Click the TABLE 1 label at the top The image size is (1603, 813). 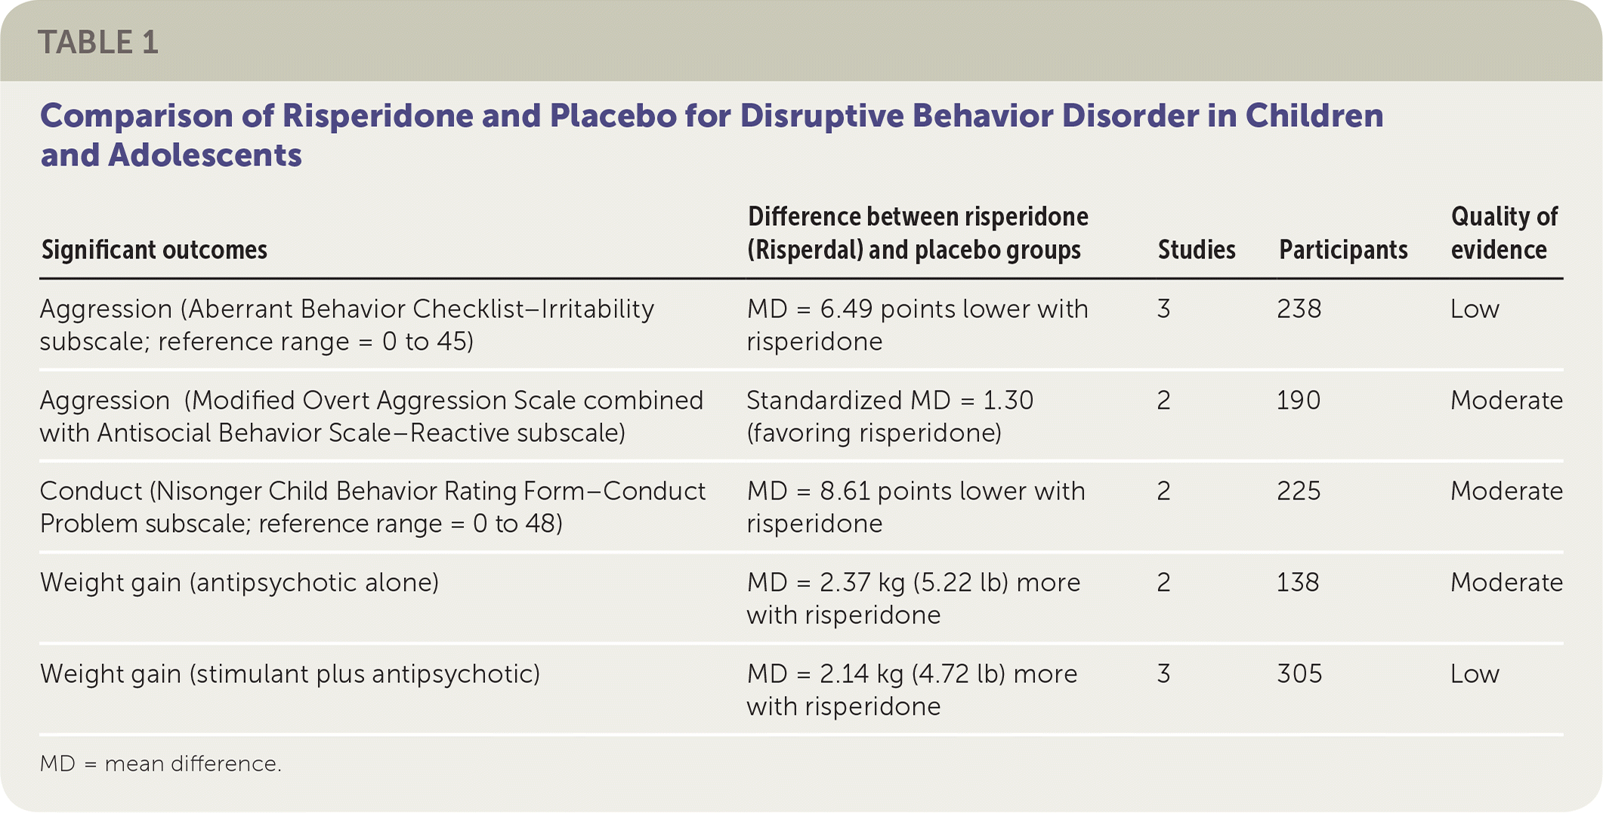[98, 42]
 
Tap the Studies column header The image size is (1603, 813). [1197, 249]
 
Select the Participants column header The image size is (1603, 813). [1343, 249]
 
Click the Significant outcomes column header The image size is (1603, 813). [154, 249]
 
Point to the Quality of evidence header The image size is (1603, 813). [1504, 233]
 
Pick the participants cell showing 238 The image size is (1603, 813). [1299, 309]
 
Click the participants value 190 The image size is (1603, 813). [1299, 400]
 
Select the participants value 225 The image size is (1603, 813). [1299, 491]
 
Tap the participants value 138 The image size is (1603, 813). [1299, 583]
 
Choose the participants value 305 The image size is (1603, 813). [1299, 674]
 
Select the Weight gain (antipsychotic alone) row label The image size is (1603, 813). [239, 583]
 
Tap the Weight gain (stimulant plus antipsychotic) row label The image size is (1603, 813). [290, 674]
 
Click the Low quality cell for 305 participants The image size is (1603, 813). [1475, 674]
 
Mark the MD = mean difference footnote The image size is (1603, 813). [161, 764]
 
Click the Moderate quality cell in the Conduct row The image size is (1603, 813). [1506, 491]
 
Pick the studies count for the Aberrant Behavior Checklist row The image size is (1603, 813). [1163, 309]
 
